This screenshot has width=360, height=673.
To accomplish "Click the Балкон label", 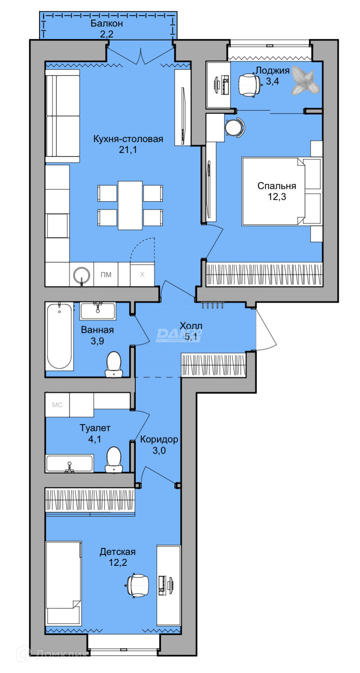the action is pos(107,24).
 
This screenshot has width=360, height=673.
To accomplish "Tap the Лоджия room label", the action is pos(273,71).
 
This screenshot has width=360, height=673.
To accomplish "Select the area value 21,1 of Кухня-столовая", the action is pos(128,149).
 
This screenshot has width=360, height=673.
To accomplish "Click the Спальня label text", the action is pos(276,186).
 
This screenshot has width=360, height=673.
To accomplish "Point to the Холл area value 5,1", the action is pos(191,337).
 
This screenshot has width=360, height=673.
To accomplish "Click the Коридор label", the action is pos(159,439).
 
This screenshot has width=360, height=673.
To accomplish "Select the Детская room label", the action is pos(118,551).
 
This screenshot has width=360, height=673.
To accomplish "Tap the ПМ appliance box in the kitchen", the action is pos(106,274).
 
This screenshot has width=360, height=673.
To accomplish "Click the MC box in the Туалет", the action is pos(57,405).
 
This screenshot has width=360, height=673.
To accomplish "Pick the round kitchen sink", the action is pos(82,275).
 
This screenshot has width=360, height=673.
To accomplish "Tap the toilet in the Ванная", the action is pos(114,364).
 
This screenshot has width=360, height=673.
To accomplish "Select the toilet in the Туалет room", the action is pos(114,460).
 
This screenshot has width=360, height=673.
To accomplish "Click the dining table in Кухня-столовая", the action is pos(130,205).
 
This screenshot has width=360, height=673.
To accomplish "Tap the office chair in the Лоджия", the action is pos(249,85).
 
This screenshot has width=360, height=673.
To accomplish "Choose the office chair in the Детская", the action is pos(137,585).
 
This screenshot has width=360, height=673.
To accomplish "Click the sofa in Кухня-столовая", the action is pos(63,116).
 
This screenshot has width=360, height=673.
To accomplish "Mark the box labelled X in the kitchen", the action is pos(142,274).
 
